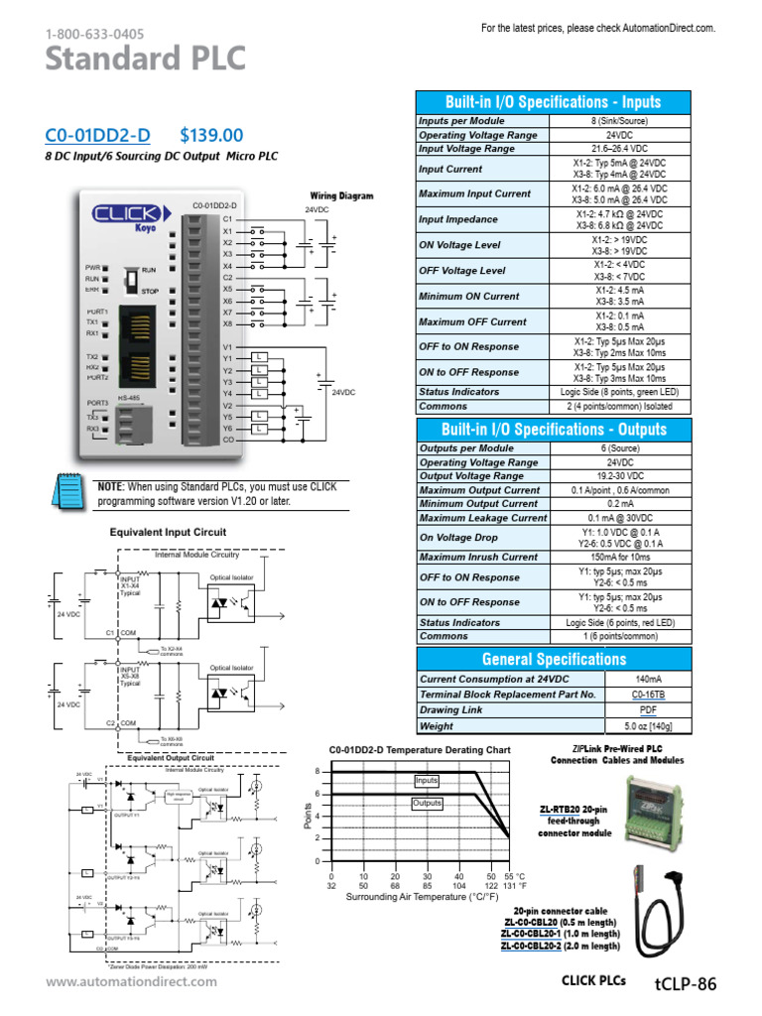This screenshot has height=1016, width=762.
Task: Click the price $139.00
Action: point(211,135)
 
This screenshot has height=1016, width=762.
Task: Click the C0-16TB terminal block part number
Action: point(650,695)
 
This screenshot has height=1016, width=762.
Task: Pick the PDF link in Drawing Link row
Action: point(650,710)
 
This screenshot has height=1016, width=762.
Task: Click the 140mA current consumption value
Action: point(650,679)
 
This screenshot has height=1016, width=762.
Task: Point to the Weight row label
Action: point(437,726)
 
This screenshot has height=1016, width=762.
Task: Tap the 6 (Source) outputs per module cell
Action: point(648,448)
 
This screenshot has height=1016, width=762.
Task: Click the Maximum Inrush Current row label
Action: point(479,557)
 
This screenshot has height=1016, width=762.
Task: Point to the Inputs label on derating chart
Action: point(427,781)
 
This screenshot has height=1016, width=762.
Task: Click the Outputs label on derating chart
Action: point(427,803)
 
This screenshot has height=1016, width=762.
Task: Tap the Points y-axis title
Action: point(308,818)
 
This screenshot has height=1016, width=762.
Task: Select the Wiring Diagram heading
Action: point(341,196)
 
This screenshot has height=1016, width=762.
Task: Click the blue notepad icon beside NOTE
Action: point(70,492)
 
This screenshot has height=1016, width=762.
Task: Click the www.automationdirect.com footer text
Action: point(131,982)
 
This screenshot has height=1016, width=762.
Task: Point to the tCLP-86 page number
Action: point(685,983)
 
